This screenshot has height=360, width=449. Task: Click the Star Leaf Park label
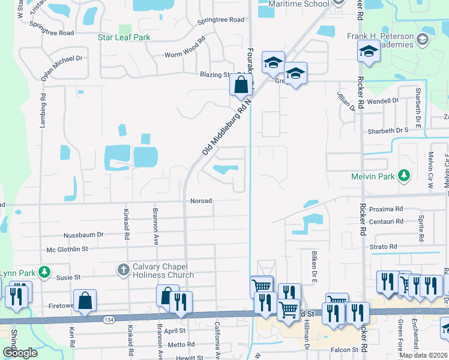coord(124,37)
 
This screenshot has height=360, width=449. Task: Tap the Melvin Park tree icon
coord(405,175)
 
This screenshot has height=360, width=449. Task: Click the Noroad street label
coord(200,201)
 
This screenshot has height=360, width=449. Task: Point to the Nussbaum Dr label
coord(83,235)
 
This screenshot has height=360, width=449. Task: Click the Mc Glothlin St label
coord(67,248)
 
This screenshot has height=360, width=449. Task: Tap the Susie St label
coord(68,278)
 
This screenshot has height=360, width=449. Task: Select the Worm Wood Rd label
coord(185,55)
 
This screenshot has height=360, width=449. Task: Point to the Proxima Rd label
coord(385,209)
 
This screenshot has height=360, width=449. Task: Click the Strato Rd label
coord(384,247)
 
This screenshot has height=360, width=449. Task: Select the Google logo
coord(20,353)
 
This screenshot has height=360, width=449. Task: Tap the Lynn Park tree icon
coord(44,272)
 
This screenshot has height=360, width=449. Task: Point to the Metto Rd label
coord(181,344)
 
